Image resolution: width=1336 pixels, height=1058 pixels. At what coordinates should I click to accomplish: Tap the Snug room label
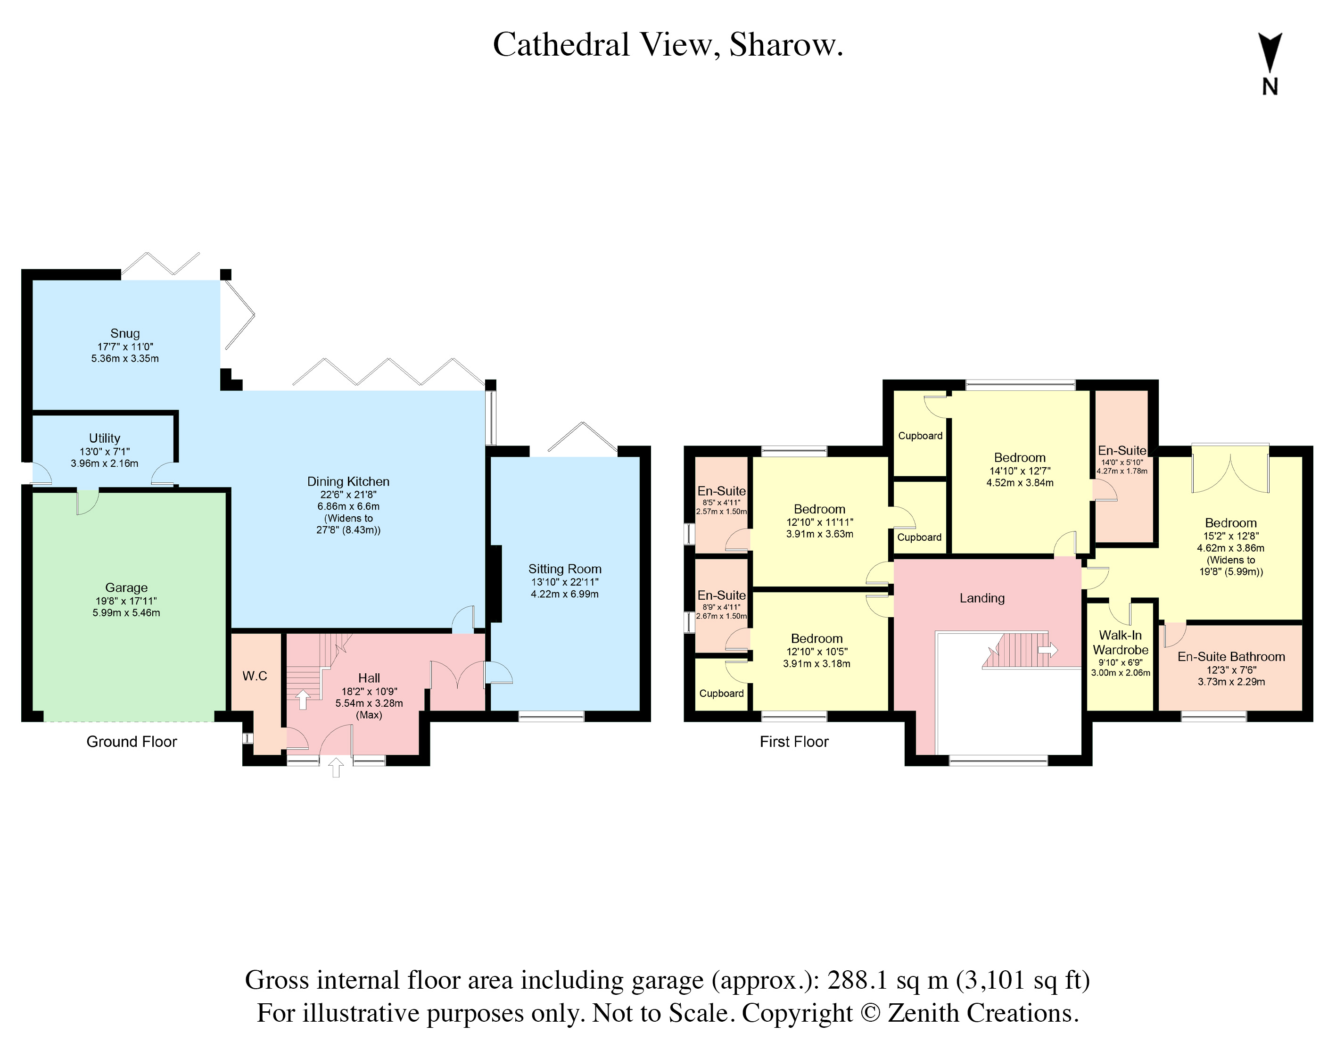click(x=125, y=333)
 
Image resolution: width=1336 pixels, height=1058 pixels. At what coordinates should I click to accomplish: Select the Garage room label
click(x=126, y=587)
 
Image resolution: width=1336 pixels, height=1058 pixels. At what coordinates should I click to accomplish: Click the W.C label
click(x=255, y=676)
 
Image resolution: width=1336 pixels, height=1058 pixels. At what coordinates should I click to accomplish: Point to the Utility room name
click(x=105, y=438)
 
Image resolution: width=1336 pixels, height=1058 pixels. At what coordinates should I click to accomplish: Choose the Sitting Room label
click(x=565, y=569)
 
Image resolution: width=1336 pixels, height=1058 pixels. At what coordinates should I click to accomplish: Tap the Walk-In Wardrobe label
click(x=1121, y=642)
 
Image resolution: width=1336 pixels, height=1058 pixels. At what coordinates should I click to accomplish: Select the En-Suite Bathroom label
click(x=1231, y=657)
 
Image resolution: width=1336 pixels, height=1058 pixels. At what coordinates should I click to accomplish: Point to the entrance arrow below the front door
click(x=336, y=767)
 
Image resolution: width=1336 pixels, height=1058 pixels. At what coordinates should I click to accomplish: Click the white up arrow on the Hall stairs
click(x=303, y=700)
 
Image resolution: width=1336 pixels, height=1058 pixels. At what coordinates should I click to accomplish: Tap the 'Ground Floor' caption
click(x=132, y=742)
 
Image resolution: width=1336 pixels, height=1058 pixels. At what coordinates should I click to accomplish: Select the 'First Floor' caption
click(x=794, y=742)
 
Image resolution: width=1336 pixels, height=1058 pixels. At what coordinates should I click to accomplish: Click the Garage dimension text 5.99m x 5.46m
click(x=126, y=612)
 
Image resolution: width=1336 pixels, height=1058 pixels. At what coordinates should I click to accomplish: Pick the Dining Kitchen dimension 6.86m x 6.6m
click(x=349, y=506)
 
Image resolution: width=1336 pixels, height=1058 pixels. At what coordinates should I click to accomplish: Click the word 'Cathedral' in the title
click(x=561, y=45)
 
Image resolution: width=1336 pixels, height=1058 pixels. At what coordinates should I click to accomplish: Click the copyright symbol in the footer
click(x=870, y=1013)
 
